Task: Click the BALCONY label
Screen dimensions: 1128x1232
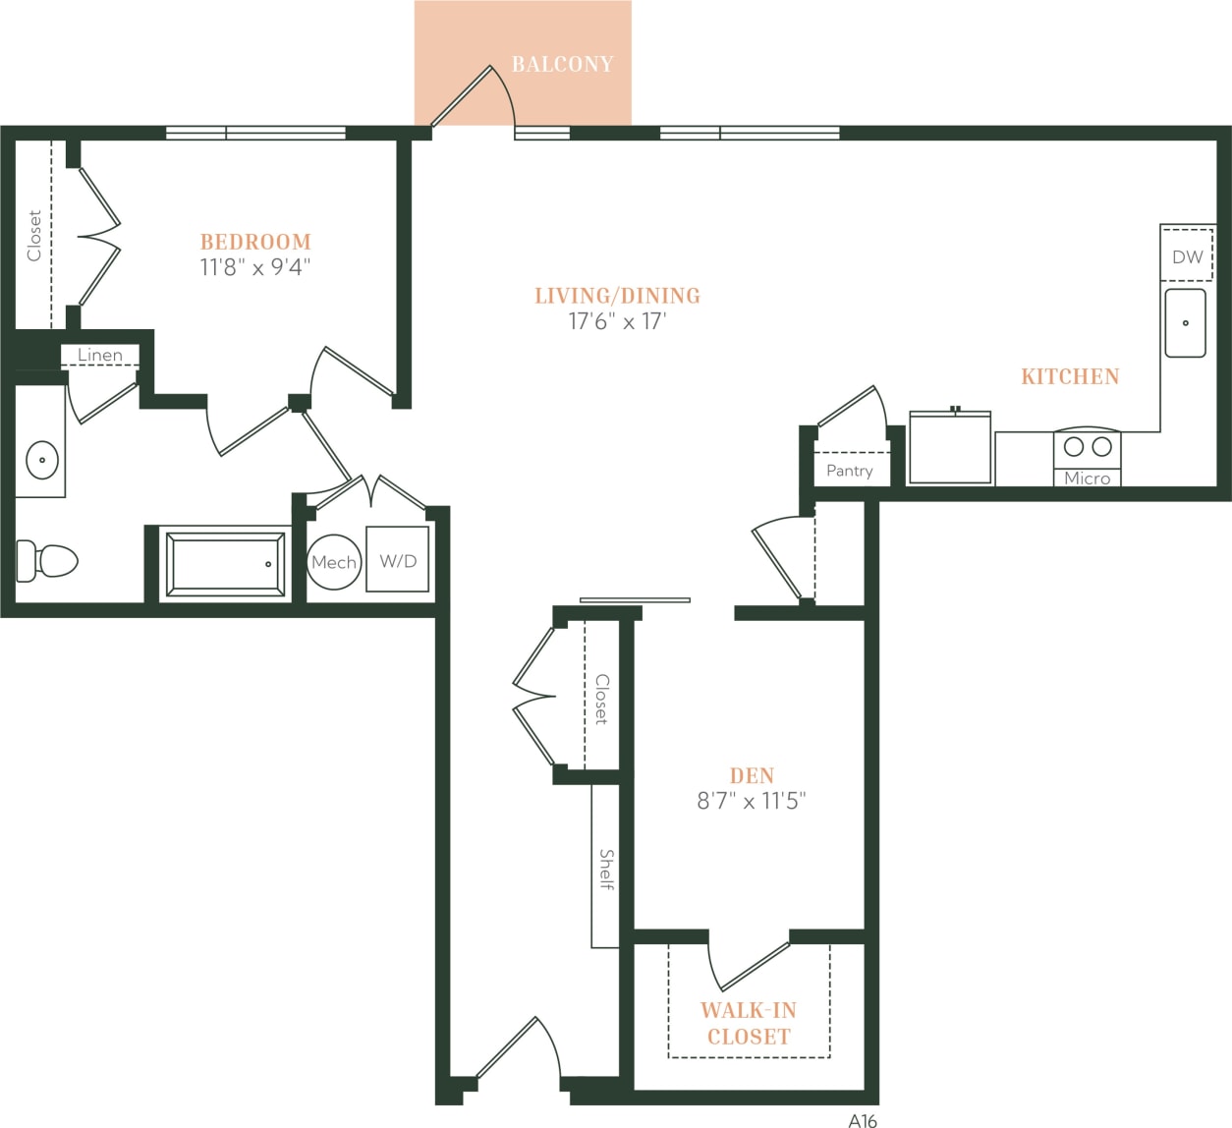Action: (x=562, y=65)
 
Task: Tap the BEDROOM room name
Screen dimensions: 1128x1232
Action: (x=255, y=242)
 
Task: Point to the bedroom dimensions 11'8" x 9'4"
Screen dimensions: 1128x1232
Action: (x=255, y=267)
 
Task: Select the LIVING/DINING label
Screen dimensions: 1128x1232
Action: (x=617, y=296)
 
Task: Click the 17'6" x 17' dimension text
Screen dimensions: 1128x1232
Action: (x=617, y=321)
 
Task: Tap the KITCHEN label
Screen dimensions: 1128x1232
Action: (x=1070, y=376)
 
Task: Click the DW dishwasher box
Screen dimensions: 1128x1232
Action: (x=1187, y=256)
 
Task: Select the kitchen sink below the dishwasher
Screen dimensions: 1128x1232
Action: (x=1185, y=322)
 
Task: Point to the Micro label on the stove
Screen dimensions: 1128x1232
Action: (x=1087, y=479)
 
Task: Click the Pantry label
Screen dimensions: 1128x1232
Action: (x=849, y=471)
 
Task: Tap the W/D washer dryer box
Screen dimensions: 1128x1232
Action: (x=398, y=560)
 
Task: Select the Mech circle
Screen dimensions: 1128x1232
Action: (x=333, y=562)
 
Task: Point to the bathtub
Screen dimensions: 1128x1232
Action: (x=226, y=564)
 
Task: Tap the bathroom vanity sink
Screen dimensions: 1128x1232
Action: (x=41, y=459)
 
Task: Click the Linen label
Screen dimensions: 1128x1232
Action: (x=100, y=355)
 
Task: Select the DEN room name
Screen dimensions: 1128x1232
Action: (x=752, y=776)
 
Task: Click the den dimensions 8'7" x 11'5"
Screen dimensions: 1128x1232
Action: (x=752, y=802)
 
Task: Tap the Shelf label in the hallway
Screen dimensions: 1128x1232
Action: (x=606, y=870)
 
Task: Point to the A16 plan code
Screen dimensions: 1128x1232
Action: (x=862, y=1119)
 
